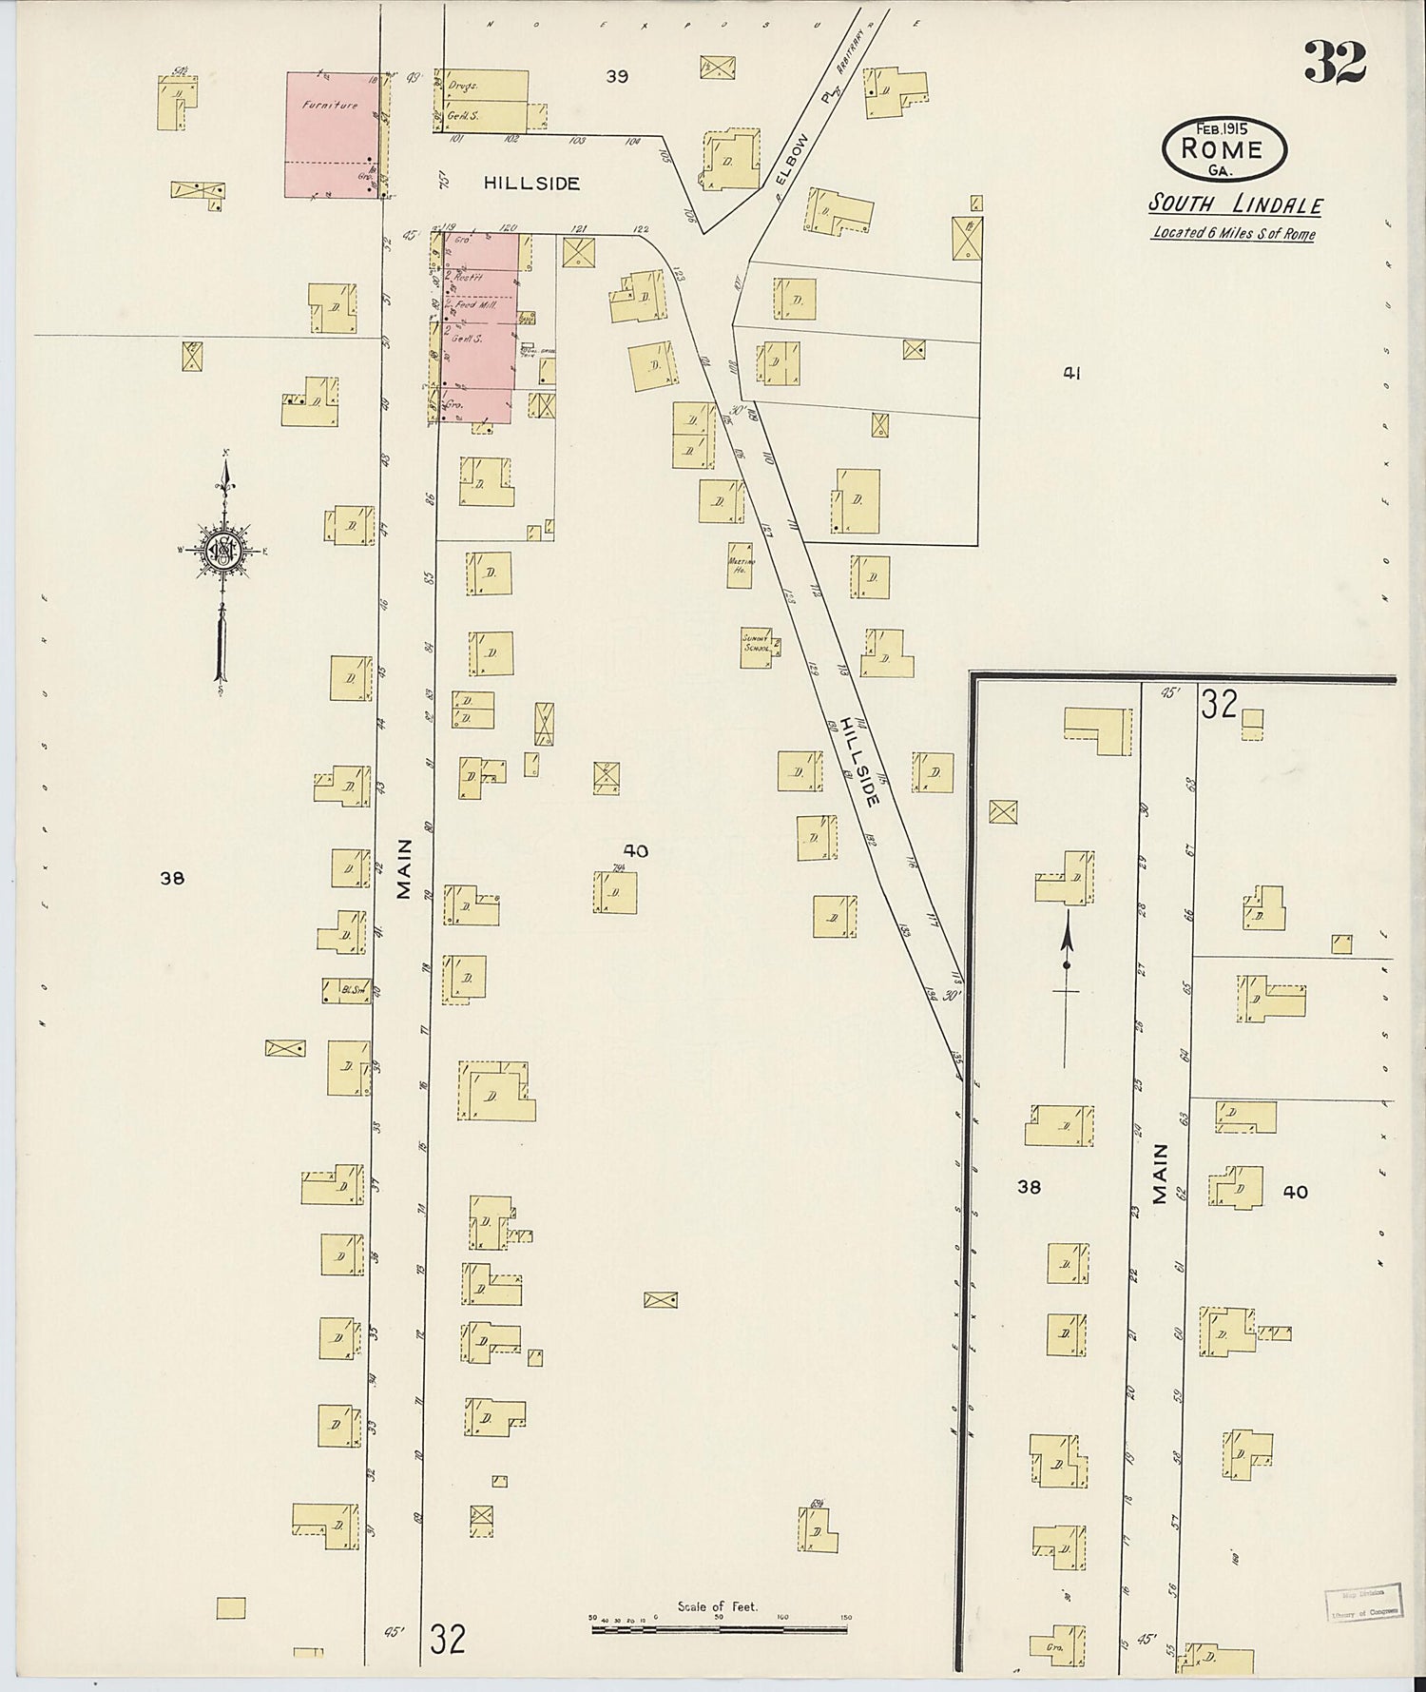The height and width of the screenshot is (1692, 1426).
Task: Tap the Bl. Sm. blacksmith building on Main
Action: tap(347, 990)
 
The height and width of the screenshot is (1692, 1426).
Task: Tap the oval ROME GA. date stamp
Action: tap(1223, 148)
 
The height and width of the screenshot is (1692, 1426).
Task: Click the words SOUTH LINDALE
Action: tap(1235, 204)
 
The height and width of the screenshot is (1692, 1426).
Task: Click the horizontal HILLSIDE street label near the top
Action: tap(531, 184)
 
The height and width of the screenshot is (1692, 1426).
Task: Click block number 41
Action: tap(1071, 375)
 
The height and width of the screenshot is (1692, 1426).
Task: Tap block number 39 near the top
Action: tap(617, 77)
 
